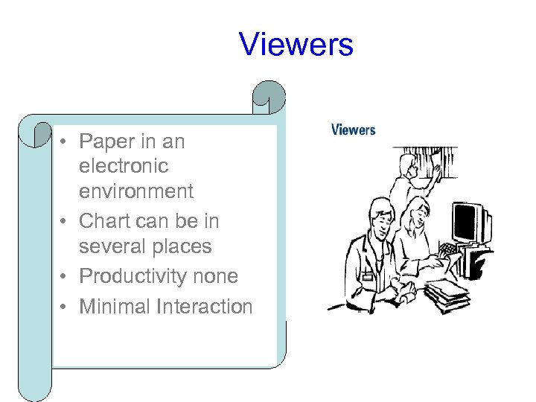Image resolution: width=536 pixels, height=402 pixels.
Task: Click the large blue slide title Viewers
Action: pyautogui.click(x=296, y=45)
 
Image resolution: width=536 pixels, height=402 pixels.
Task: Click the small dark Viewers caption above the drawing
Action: pyautogui.click(x=353, y=130)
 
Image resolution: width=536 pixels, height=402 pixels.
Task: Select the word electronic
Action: pyautogui.click(x=124, y=166)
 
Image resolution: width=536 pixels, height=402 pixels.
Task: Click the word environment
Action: pyautogui.click(x=136, y=191)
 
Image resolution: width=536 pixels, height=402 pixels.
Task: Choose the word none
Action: pyautogui.click(x=221, y=276)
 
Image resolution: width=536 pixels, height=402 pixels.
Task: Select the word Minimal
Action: pyautogui.click(x=113, y=306)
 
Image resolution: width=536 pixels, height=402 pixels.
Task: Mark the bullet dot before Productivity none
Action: pyautogui.click(x=65, y=277)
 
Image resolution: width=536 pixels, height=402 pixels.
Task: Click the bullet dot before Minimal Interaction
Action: pyautogui.click(x=65, y=307)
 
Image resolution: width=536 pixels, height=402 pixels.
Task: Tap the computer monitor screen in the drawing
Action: pyautogui.click(x=466, y=220)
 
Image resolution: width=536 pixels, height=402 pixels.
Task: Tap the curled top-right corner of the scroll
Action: pyautogui.click(x=269, y=95)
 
